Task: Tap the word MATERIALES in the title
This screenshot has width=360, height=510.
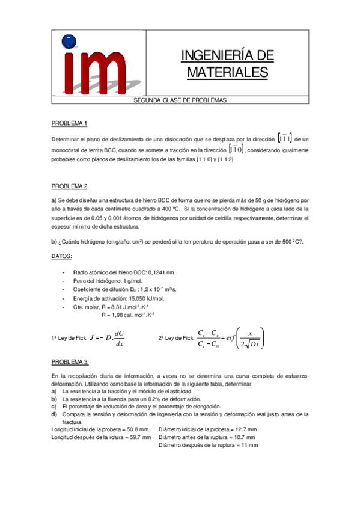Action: [x=227, y=72]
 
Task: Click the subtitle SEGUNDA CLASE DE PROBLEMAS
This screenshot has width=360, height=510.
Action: [x=180, y=101]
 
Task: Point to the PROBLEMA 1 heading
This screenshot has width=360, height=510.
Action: [x=69, y=123]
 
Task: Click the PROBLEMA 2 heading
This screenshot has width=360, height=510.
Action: [x=69, y=185]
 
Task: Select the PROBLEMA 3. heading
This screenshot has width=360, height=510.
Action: [x=70, y=361]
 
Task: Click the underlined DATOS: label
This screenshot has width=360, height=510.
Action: [x=62, y=256]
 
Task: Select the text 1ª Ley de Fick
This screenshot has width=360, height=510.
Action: [x=69, y=338]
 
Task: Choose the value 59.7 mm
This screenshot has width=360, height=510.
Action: [x=138, y=437]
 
